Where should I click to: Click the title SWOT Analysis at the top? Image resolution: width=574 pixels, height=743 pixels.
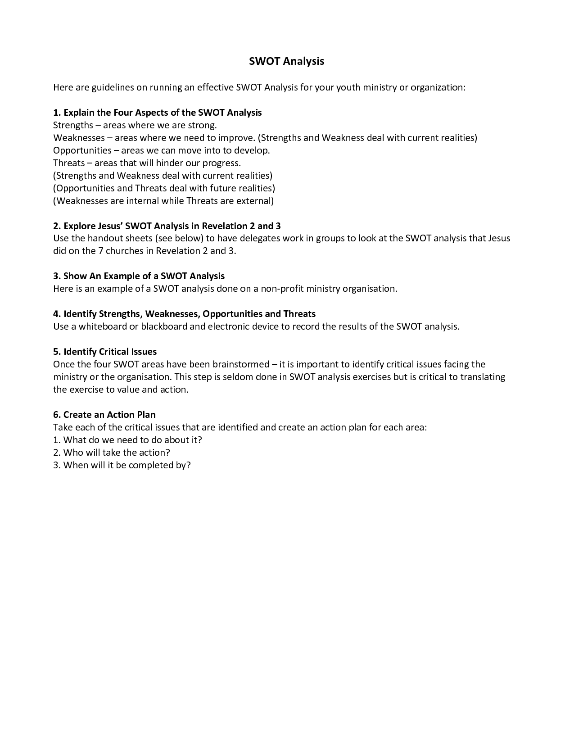pos(286,61)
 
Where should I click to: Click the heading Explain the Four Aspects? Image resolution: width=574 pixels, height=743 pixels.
pos(157,113)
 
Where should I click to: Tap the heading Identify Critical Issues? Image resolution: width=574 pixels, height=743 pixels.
pos(105,352)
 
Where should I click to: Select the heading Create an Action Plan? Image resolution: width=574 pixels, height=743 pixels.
pos(104,415)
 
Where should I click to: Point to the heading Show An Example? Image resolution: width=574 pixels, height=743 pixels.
pos(139,276)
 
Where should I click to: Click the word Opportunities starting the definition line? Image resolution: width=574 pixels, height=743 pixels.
pos(82,150)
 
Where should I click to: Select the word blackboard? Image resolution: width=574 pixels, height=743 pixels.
pos(164,326)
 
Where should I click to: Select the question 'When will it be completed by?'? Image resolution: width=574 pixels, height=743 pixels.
pos(122,465)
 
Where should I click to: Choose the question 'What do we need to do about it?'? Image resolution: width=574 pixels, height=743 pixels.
pos(127,440)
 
